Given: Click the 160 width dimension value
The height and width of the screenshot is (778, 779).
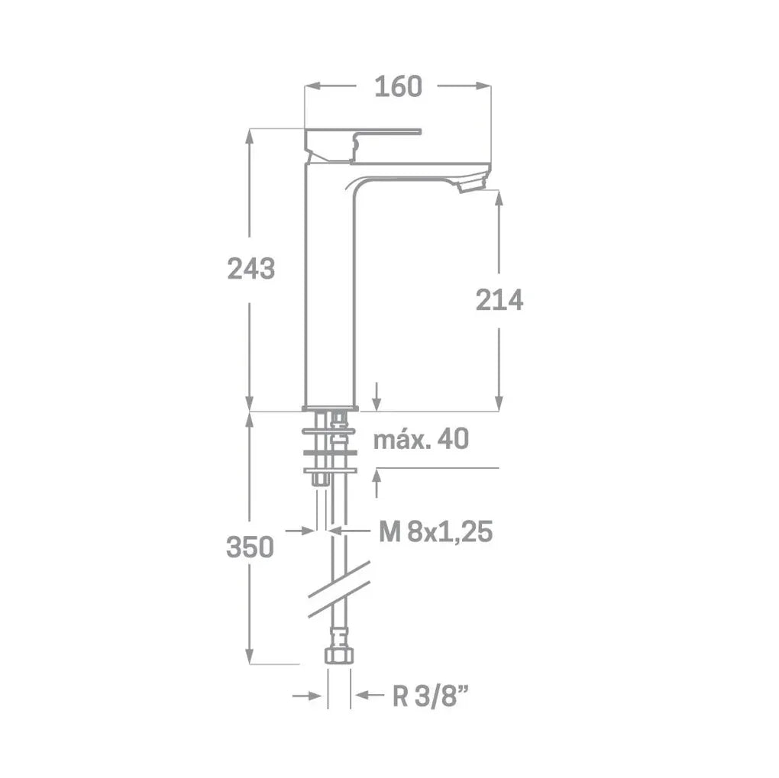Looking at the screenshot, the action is pyautogui.click(x=398, y=86).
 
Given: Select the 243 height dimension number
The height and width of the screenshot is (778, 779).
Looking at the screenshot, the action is pyautogui.click(x=251, y=269).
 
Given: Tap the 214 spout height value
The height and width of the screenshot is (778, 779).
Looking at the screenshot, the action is pyautogui.click(x=499, y=300).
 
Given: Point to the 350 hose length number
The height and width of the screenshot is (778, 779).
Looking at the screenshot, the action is pyautogui.click(x=250, y=547).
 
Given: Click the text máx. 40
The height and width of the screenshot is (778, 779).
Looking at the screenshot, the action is pyautogui.click(x=421, y=439).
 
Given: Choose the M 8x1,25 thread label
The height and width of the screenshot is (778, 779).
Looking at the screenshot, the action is pyautogui.click(x=435, y=531).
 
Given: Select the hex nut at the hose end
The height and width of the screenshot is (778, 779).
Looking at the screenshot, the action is pyautogui.click(x=339, y=655).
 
